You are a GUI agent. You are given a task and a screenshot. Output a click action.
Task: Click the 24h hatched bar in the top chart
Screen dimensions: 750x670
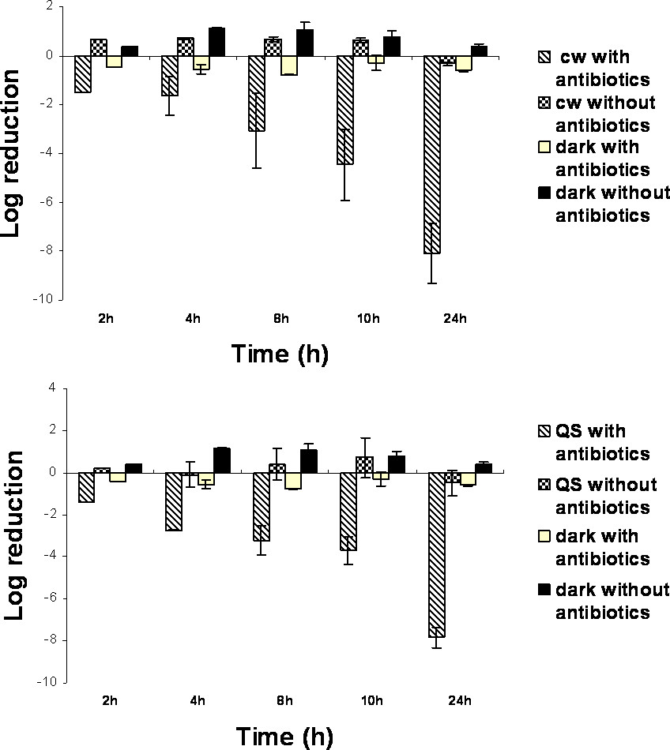[431, 154]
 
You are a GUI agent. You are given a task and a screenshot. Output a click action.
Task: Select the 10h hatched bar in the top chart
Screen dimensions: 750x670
[344, 110]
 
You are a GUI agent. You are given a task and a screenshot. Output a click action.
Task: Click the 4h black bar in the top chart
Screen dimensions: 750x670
[216, 42]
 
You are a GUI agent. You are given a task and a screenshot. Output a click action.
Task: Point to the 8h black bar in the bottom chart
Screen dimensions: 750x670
[309, 461]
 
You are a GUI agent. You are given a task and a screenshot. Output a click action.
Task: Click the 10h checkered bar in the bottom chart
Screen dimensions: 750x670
[364, 464]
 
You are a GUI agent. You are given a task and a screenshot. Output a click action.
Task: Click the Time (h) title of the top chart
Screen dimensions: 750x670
[279, 354]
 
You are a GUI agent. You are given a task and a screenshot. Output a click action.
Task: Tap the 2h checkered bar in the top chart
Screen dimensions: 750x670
[99, 47]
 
